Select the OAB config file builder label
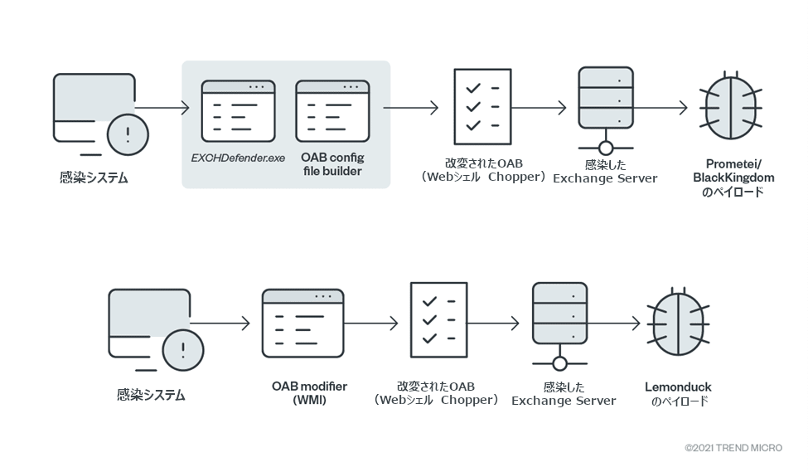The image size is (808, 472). [x=332, y=164]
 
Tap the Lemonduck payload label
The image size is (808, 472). [x=678, y=393]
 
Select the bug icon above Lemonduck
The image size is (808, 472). [x=678, y=322]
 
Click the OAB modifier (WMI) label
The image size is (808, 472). [x=309, y=393]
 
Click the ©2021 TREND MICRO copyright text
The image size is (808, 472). [x=733, y=448]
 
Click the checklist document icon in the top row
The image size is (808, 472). [x=482, y=107]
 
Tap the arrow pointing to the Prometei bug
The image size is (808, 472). [x=661, y=108]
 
